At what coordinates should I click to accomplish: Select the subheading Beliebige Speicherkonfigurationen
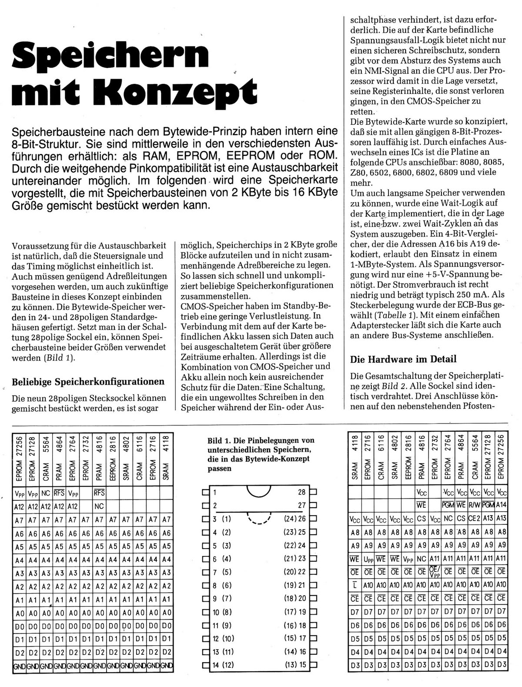[88, 382]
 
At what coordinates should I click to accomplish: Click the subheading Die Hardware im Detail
[403, 359]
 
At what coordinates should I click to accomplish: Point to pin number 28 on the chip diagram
[301, 493]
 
